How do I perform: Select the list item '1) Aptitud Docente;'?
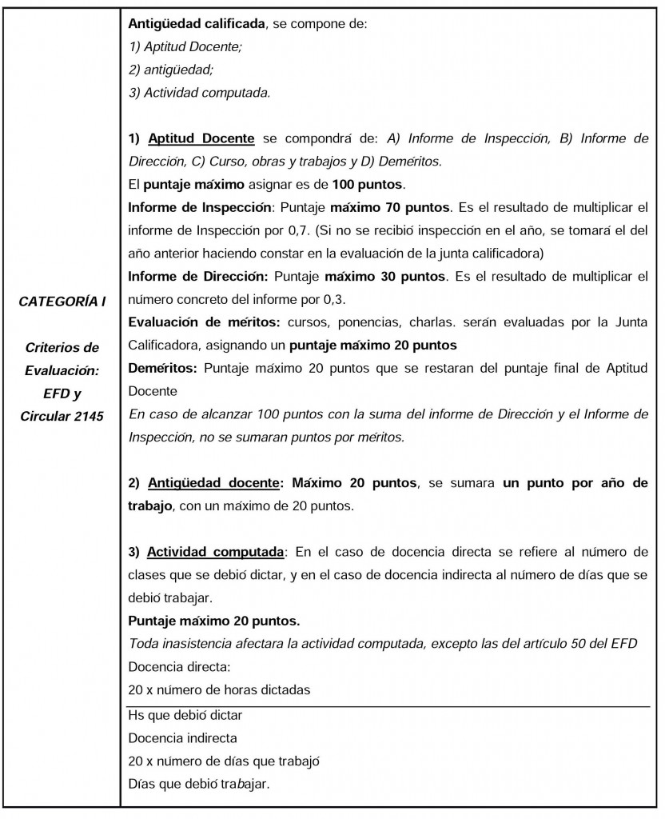[185, 47]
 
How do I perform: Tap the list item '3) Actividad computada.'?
[200, 93]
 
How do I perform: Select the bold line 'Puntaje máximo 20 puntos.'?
[203, 621]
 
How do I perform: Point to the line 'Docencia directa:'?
[170, 667]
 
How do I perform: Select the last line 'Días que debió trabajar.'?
[198, 783]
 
